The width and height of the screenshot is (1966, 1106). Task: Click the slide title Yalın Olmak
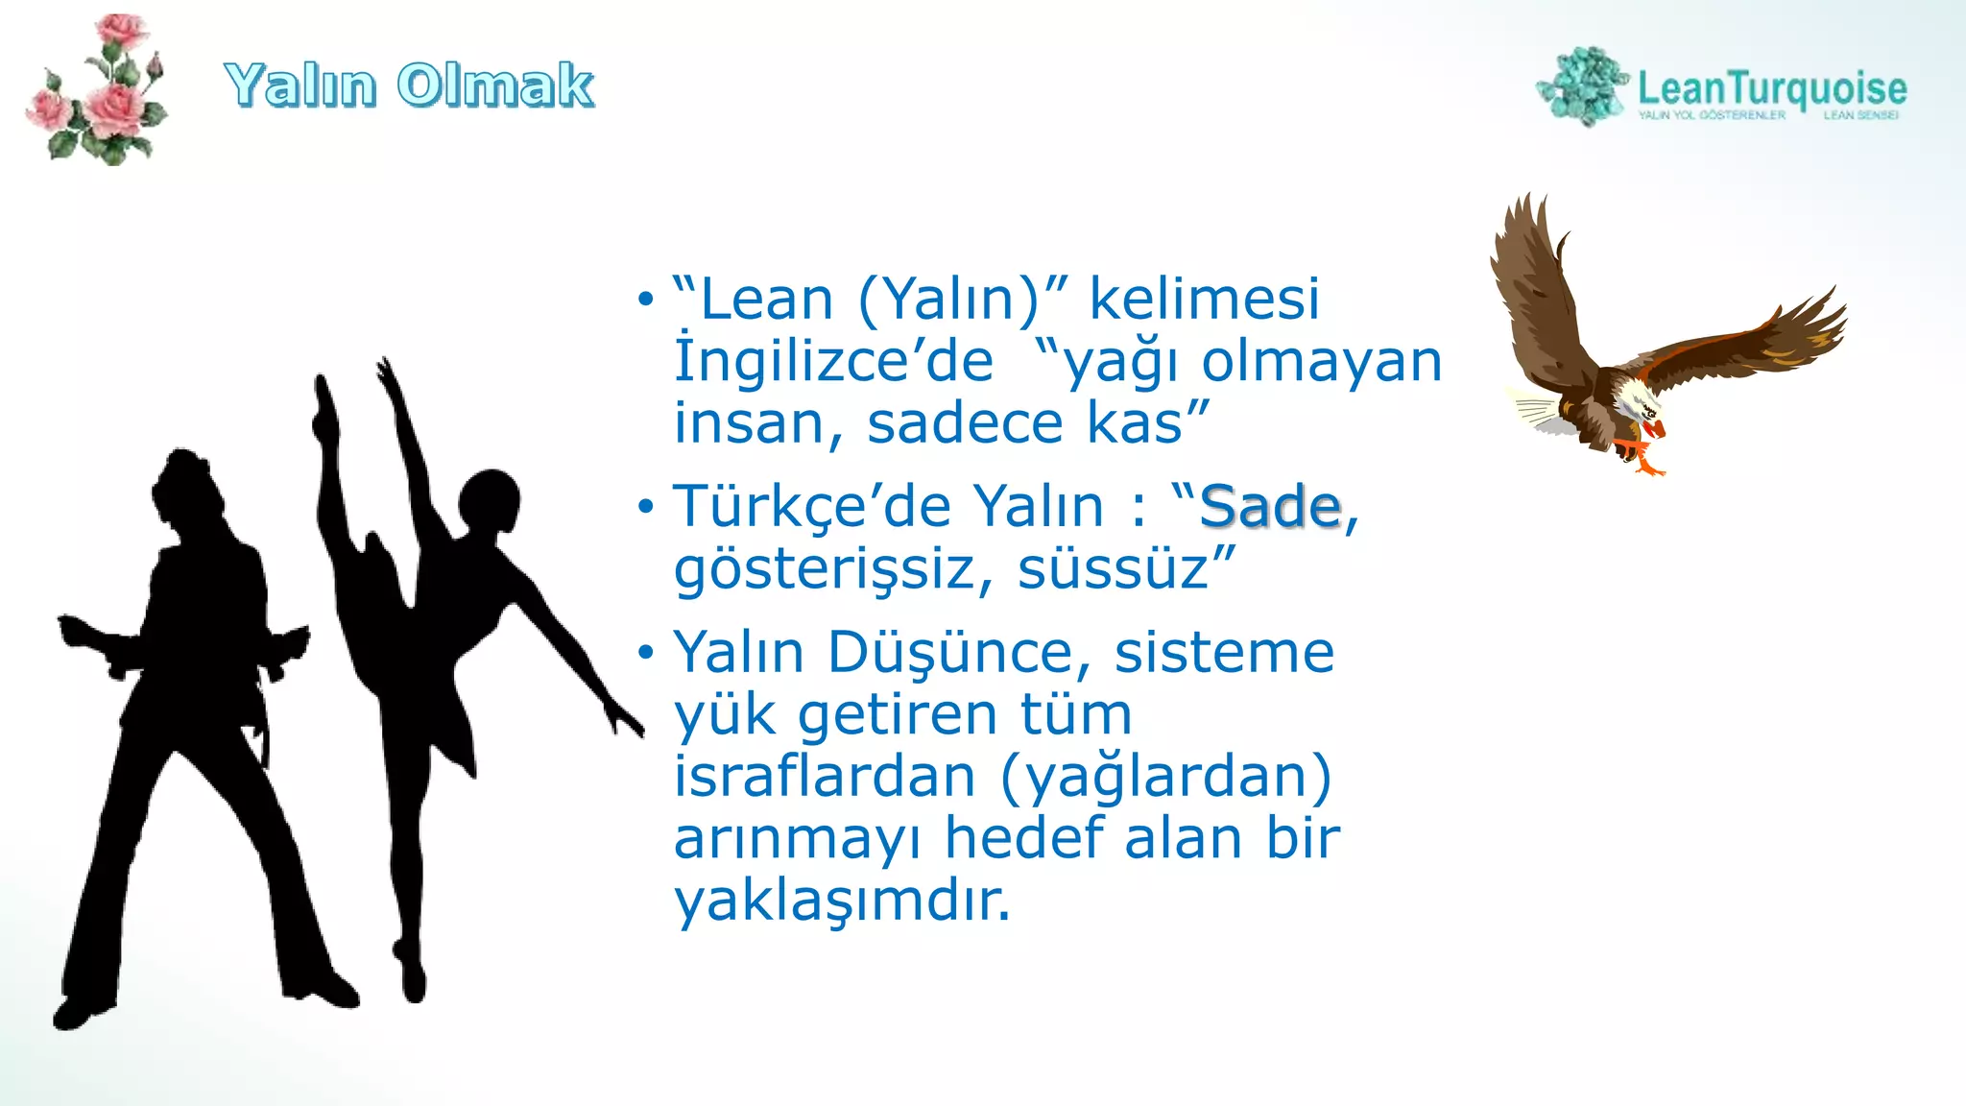click(409, 84)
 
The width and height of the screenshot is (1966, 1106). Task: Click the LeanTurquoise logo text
click(1771, 88)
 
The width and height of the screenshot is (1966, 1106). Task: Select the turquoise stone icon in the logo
click(1584, 86)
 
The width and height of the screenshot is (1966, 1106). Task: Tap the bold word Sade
click(1269, 506)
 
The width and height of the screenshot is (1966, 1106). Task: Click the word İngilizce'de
click(833, 362)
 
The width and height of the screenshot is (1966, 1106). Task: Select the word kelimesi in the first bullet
click(1204, 299)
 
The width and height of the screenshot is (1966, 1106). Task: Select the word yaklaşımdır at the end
click(841, 901)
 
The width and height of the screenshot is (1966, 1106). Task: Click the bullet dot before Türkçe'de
click(645, 506)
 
